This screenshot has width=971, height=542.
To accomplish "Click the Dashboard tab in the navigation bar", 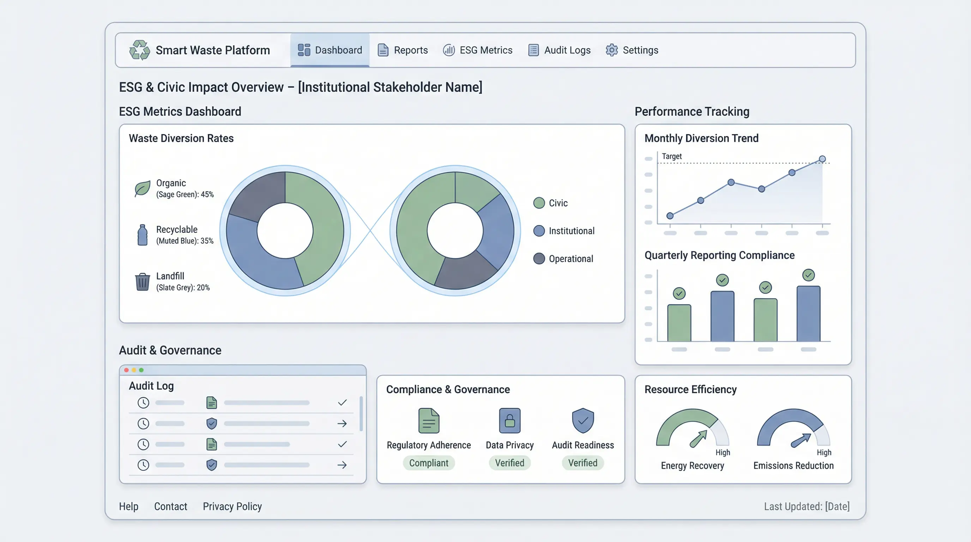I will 330,50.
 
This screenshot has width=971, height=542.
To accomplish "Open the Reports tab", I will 403,50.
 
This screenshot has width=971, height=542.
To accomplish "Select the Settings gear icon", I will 611,50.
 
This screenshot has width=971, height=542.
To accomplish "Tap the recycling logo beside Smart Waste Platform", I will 139,50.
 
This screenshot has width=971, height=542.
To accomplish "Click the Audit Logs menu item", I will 559,50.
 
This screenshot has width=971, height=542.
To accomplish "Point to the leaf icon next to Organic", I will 143,188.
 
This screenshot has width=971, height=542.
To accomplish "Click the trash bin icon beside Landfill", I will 143,282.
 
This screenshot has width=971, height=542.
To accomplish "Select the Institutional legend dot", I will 539,231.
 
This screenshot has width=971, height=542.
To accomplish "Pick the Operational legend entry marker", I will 539,259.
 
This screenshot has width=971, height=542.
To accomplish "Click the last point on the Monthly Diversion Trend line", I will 822,159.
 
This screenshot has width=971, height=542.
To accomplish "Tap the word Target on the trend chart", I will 672,156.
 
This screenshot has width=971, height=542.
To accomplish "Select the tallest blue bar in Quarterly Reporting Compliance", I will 808,314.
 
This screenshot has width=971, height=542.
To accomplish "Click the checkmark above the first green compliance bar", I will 679,293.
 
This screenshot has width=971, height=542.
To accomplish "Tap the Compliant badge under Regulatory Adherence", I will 429,463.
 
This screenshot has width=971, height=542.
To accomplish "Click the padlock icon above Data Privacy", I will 509,420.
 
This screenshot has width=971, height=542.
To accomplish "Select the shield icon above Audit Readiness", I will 583,420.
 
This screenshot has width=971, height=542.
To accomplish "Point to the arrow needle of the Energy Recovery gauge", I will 699,439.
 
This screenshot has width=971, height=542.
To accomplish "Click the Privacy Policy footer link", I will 232,506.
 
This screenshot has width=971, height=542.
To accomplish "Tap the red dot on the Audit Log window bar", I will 126,370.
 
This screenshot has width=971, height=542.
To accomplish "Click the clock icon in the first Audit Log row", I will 143,403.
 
